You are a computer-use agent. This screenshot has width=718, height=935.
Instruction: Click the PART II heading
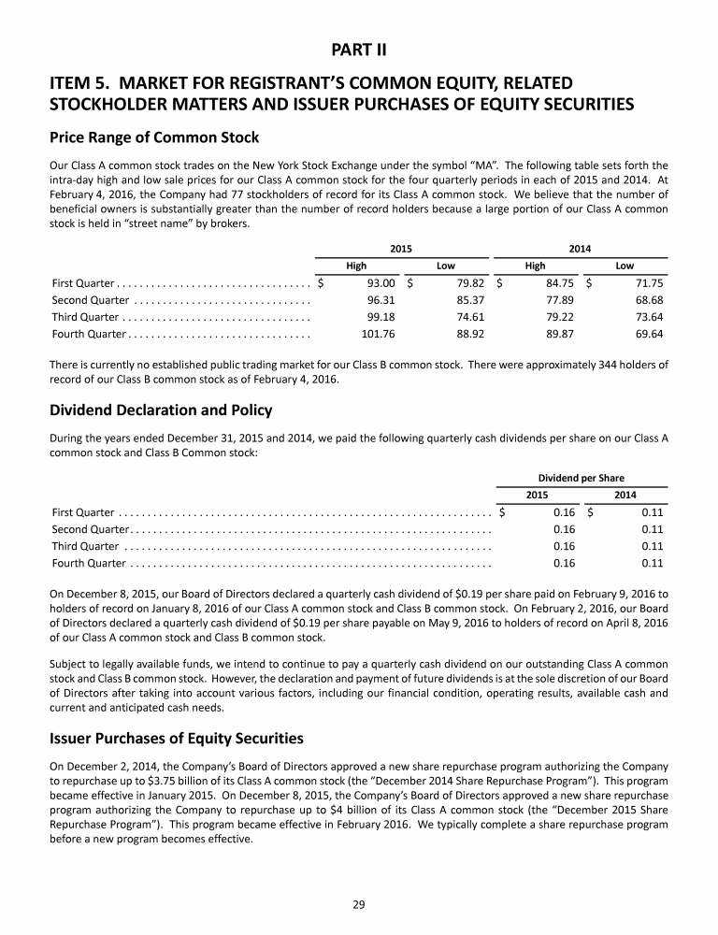coord(359,47)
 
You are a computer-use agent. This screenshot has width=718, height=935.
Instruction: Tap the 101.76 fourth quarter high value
coord(379,333)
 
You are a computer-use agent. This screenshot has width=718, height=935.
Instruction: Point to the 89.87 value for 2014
coord(557,333)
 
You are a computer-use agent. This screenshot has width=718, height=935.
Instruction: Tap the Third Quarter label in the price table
coord(85,316)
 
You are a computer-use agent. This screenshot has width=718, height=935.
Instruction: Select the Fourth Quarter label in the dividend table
coord(89,563)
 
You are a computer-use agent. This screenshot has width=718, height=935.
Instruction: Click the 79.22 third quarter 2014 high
coord(557,316)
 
